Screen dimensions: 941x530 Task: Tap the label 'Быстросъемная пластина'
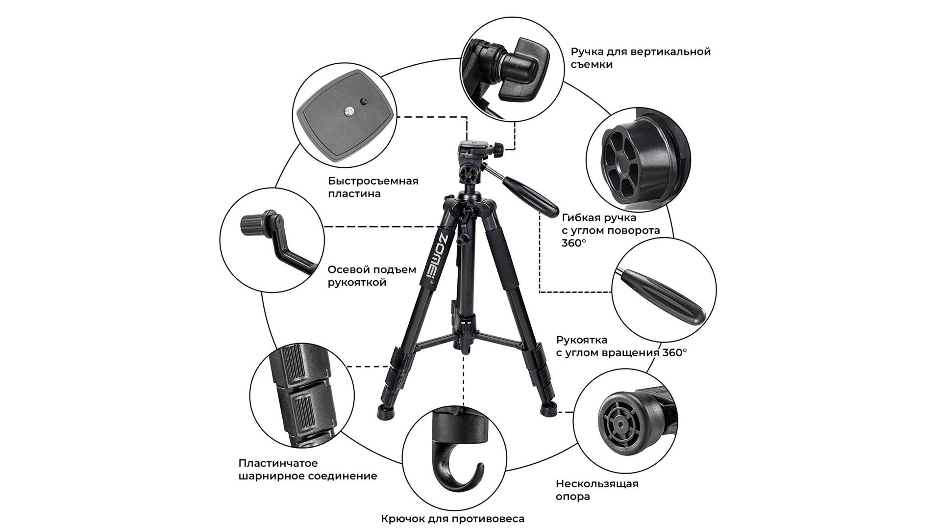click(373, 187)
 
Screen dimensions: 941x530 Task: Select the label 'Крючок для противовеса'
click(453, 519)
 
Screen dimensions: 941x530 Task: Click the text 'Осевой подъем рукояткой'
click(372, 276)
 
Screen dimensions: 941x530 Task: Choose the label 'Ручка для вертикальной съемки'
click(641, 58)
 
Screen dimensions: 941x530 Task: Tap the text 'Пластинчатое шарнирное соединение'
click(308, 470)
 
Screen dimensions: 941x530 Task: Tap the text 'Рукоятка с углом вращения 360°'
click(621, 346)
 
